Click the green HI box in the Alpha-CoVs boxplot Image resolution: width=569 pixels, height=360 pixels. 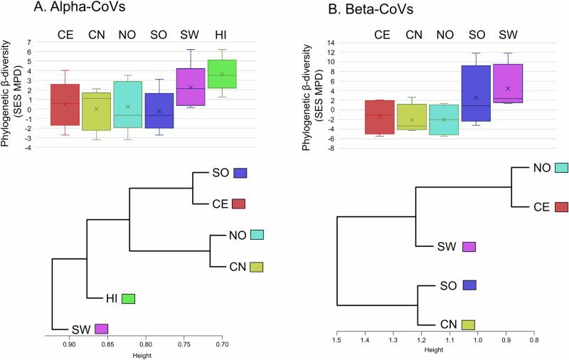tap(222, 83)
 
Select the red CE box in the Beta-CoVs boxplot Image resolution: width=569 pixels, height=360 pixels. tap(380, 117)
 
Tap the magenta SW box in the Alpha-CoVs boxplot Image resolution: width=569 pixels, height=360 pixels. tap(191, 87)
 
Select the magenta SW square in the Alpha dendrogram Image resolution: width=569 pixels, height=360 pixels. tap(101, 329)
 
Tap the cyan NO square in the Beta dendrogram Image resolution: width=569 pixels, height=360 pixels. tap(561, 168)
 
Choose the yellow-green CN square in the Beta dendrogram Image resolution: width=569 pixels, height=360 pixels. tap(468, 325)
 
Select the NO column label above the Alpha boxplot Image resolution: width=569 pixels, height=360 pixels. tap(127, 34)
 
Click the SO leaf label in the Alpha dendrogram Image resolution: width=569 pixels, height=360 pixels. tap(220, 173)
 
